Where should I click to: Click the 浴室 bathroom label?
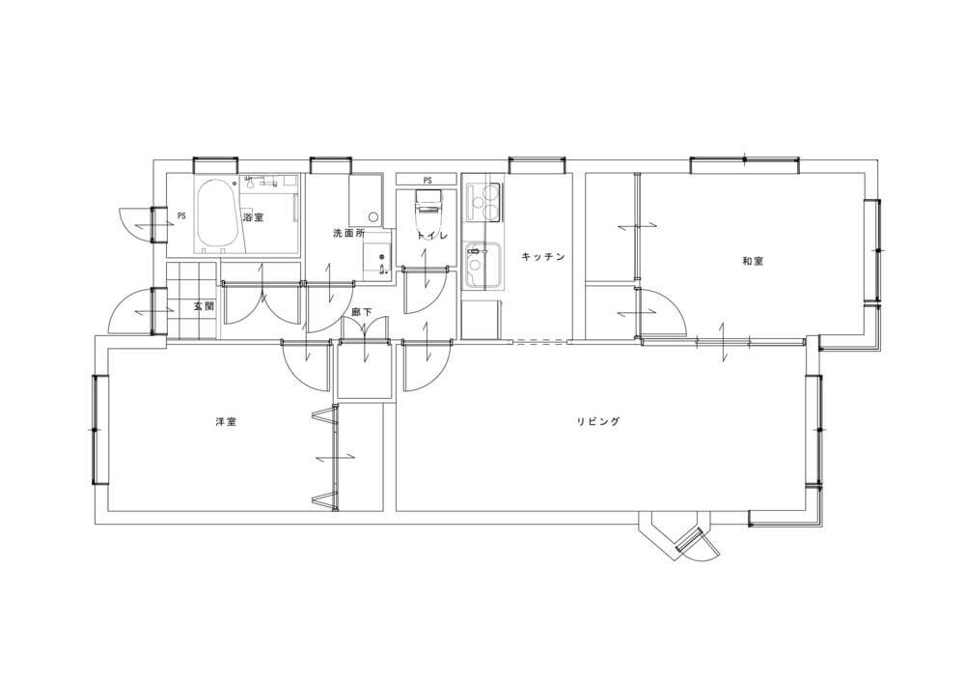click(x=252, y=217)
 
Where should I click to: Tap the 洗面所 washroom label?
click(x=349, y=234)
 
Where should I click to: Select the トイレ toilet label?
click(x=431, y=235)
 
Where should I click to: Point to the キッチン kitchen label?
click(x=542, y=256)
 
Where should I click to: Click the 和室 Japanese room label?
click(x=752, y=261)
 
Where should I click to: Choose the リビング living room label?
click(x=598, y=422)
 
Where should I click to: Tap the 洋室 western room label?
click(x=226, y=422)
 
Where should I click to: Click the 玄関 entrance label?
click(x=204, y=306)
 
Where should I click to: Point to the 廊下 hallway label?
click(x=361, y=312)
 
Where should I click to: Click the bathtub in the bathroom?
click(x=216, y=214)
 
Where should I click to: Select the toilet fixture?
click(x=429, y=208)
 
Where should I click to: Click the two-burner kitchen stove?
click(x=484, y=204)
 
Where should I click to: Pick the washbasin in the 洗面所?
click(x=376, y=257)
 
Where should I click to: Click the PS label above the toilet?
click(x=427, y=181)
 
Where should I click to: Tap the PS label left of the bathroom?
click(x=181, y=216)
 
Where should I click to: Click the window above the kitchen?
click(x=536, y=164)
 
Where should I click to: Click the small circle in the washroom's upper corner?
click(x=372, y=216)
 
